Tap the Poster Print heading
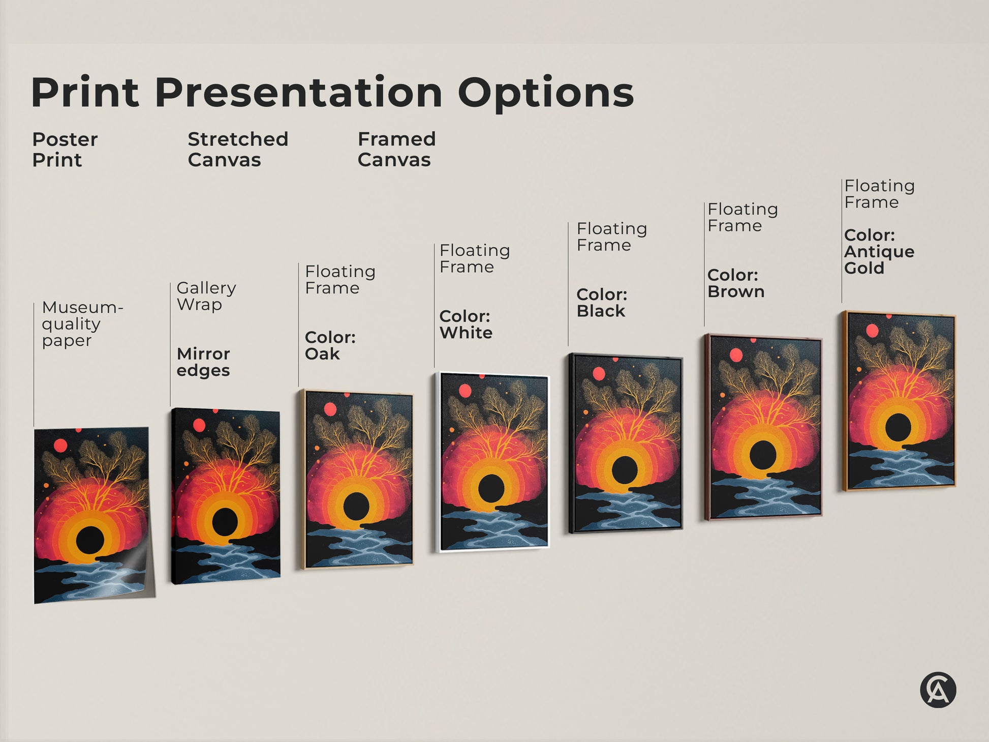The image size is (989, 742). click(65, 150)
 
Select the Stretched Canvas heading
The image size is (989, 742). click(237, 150)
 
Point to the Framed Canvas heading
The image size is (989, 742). click(396, 150)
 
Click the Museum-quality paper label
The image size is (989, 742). click(81, 323)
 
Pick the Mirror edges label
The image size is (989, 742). click(203, 362)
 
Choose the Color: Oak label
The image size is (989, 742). click(330, 345)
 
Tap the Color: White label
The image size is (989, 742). click(466, 324)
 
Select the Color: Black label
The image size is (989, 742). click(602, 303)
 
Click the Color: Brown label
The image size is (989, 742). click(735, 283)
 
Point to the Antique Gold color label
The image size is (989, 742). click(879, 252)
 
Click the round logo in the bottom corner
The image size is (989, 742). click(938, 690)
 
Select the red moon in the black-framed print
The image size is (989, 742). click(599, 374)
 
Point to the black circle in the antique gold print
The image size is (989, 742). click(898, 427)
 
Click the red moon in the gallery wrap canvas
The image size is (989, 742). click(199, 425)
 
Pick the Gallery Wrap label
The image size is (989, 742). click(206, 296)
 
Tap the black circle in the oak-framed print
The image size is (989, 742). click(356, 504)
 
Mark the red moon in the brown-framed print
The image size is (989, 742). click(735, 355)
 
